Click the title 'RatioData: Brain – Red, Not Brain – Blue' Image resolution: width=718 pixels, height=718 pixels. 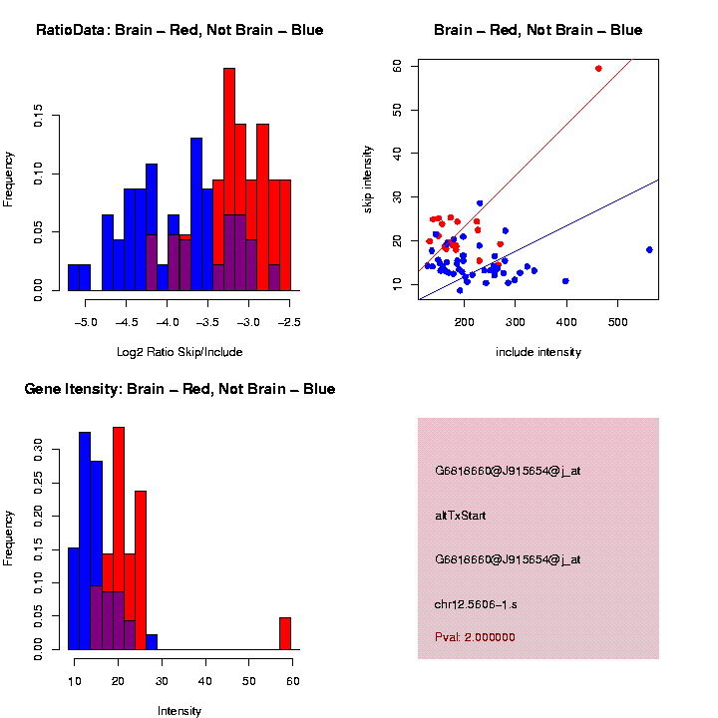179,31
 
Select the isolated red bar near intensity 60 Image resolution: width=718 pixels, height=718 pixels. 284,633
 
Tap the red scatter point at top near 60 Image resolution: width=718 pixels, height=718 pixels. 598,68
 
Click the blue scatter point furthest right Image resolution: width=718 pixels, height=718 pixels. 649,249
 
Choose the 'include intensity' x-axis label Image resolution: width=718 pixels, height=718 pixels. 538,352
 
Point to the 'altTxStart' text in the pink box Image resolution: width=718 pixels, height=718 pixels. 461,516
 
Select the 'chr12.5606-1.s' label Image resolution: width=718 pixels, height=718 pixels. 476,604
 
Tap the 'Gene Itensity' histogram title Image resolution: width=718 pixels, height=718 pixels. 179,389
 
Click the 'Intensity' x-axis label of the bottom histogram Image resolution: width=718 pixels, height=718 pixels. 179,711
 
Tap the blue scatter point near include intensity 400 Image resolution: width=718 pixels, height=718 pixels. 565,281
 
